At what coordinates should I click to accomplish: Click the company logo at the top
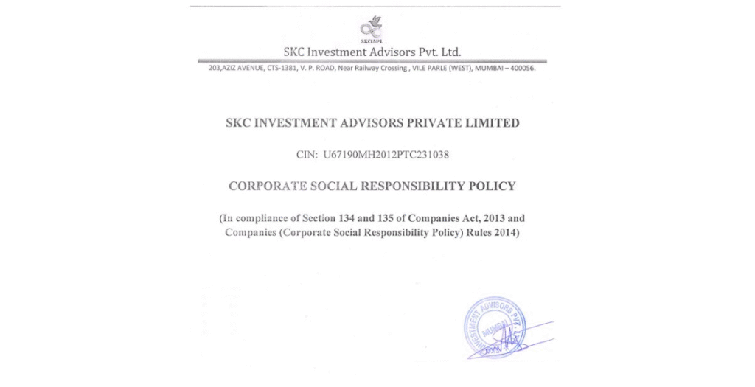click(371, 30)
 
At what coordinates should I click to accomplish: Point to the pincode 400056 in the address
click(521, 69)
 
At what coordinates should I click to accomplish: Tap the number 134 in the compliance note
click(371, 219)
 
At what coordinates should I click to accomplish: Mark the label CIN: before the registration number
click(306, 155)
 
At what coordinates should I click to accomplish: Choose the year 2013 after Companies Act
click(491, 219)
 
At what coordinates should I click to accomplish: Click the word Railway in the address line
click(370, 69)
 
